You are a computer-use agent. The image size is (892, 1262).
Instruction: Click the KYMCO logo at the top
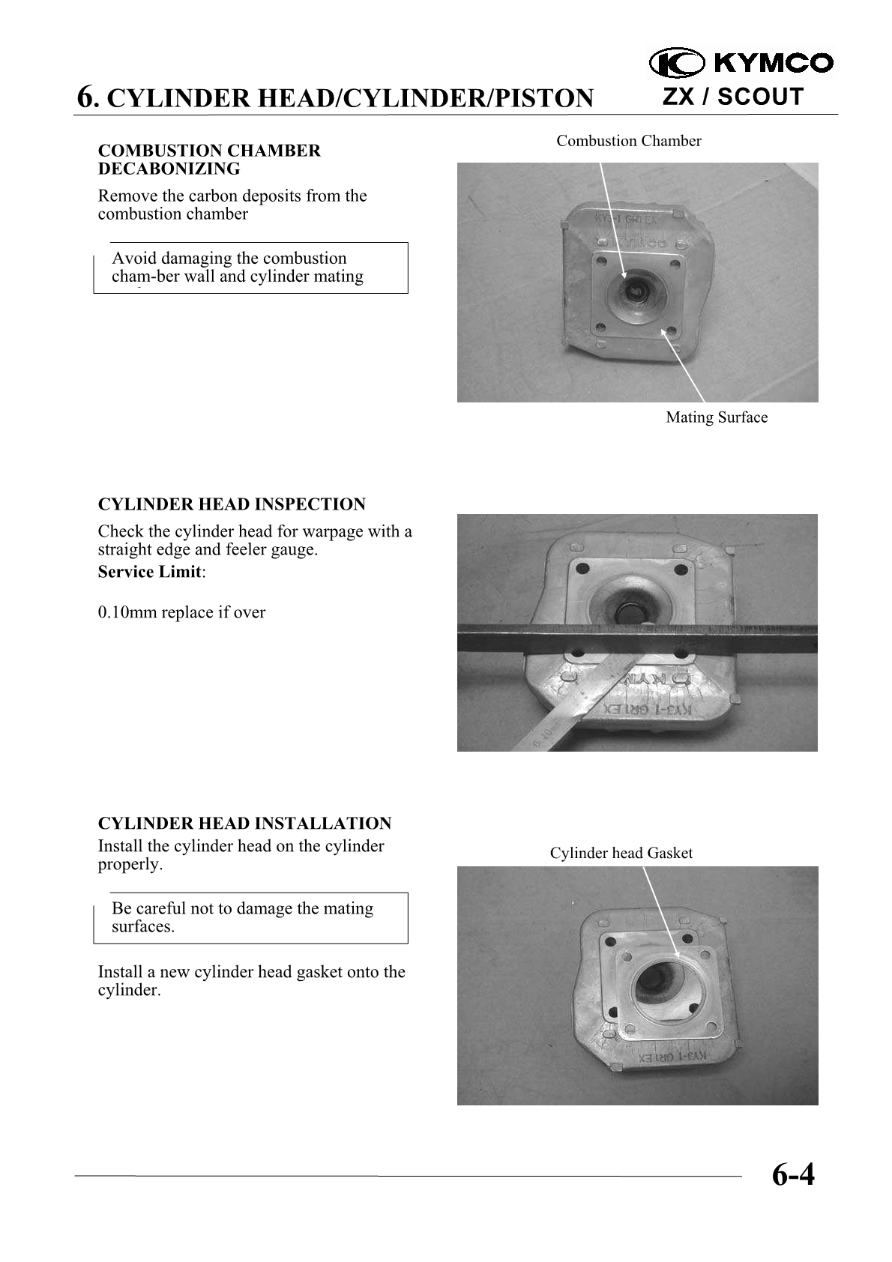(741, 63)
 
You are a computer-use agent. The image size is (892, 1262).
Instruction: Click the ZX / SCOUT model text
(732, 97)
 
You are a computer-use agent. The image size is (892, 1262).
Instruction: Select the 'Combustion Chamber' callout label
(628, 141)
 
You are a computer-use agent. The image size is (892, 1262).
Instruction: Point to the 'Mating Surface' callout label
(717, 417)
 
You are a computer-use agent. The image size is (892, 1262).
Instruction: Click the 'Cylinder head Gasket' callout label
(621, 853)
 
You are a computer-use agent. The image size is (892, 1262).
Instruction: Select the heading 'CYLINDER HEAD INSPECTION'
(232, 504)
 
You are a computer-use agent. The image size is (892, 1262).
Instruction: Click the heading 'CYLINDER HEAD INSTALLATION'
(244, 824)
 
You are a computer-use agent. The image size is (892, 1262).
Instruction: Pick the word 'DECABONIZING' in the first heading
(169, 169)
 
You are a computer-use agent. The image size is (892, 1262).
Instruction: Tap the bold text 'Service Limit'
(150, 572)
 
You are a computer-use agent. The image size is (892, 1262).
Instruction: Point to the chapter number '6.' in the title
(87, 98)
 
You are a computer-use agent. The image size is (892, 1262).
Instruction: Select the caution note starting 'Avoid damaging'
(250, 268)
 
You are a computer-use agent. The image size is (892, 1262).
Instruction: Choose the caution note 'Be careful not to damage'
(250, 917)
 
